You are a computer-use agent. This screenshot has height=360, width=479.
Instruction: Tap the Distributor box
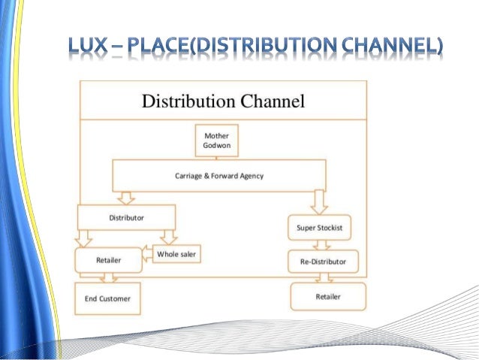[126, 217]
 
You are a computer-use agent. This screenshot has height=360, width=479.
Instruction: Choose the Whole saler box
[177, 254]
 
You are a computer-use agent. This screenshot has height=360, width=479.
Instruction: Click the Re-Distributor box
[323, 262]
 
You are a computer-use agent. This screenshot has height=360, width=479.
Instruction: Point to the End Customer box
[107, 298]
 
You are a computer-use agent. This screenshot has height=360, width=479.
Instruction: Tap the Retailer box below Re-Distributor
[327, 296]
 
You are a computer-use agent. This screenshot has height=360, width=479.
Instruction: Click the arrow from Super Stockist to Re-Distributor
[321, 244]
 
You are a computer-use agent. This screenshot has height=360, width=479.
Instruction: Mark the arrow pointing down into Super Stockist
[321, 201]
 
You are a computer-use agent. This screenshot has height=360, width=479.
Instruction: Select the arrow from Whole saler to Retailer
[146, 255]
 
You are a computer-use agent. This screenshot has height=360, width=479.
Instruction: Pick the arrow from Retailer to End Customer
[108, 277]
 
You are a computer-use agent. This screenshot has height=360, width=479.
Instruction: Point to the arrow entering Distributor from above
[125, 198]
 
